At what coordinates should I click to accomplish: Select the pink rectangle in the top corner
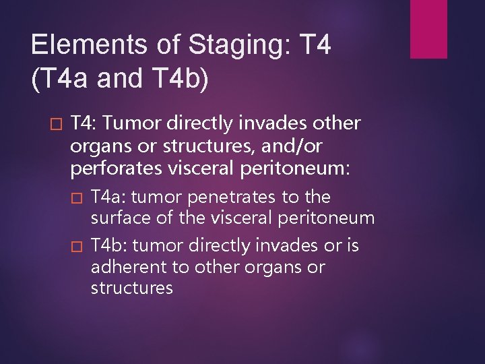pyautogui.click(x=429, y=29)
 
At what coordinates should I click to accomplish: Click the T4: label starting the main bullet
pyautogui.click(x=85, y=123)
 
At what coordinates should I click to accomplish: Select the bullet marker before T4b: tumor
pyautogui.click(x=75, y=247)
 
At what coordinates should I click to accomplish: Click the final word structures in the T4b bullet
pyautogui.click(x=132, y=289)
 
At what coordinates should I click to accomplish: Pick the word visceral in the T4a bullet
pyautogui.click(x=241, y=218)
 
